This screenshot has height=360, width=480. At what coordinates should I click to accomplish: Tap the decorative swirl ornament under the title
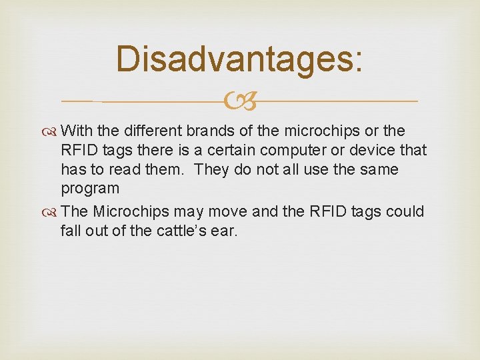[x=239, y=101]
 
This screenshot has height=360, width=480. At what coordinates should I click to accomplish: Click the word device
[x=372, y=150]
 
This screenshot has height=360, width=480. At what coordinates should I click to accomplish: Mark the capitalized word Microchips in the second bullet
[x=128, y=211]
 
